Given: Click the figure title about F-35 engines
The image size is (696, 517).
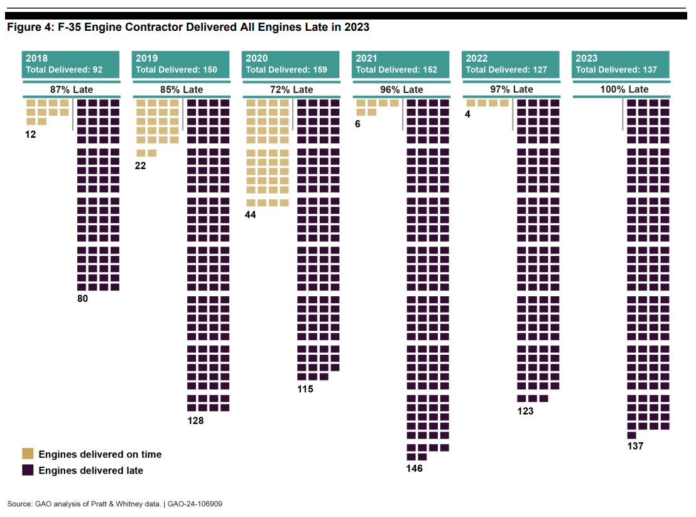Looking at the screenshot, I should (x=188, y=28).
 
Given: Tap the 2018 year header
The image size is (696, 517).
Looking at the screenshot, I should (x=36, y=58).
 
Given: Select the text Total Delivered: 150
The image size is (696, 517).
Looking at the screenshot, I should (x=177, y=70).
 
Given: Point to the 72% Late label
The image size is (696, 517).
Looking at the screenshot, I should (x=291, y=90).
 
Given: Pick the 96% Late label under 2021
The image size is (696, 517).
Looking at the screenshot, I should (x=401, y=90).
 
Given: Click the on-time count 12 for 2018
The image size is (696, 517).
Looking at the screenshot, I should (x=31, y=135).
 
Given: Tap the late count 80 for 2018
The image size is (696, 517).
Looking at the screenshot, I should (x=82, y=299).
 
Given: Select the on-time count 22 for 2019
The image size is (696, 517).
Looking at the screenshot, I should (x=140, y=166).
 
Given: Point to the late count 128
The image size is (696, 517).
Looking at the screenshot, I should (x=195, y=421).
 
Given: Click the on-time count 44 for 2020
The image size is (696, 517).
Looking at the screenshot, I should (x=251, y=214).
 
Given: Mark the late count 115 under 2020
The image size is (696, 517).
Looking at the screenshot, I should (x=305, y=389).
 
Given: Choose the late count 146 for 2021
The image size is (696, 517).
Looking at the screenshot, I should (x=415, y=469).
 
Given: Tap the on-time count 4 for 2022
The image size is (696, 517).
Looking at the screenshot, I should (x=468, y=114).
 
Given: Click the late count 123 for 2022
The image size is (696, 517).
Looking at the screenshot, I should (x=525, y=411).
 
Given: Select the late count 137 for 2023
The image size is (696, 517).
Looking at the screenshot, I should (x=635, y=446).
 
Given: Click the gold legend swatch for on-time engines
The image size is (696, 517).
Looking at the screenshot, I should (x=28, y=453).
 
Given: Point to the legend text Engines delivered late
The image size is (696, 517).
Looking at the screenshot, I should (x=90, y=470).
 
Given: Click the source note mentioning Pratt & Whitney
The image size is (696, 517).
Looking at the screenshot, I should (x=114, y=504).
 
